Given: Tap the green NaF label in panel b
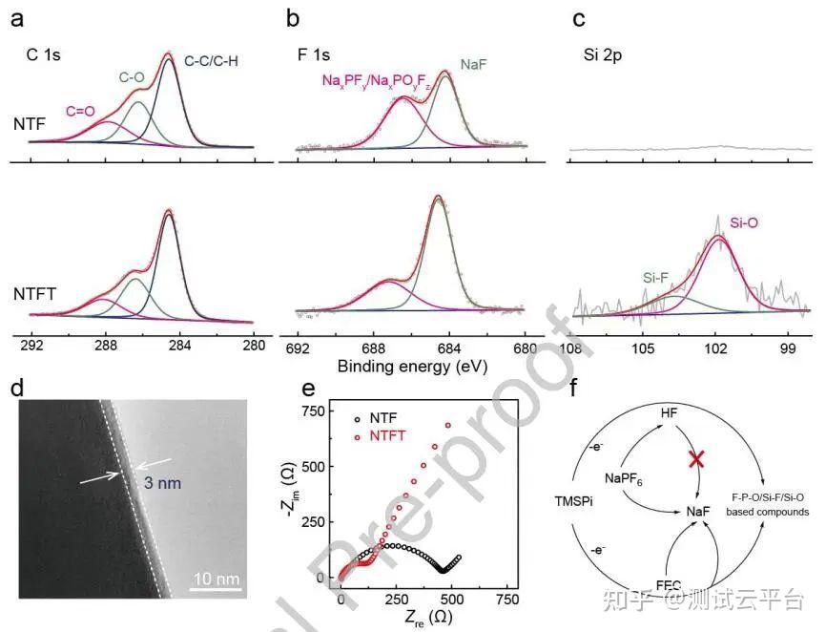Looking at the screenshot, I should (x=474, y=64).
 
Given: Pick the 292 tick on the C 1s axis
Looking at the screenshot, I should (x=31, y=344).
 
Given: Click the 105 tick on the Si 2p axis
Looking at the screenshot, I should (x=643, y=344).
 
